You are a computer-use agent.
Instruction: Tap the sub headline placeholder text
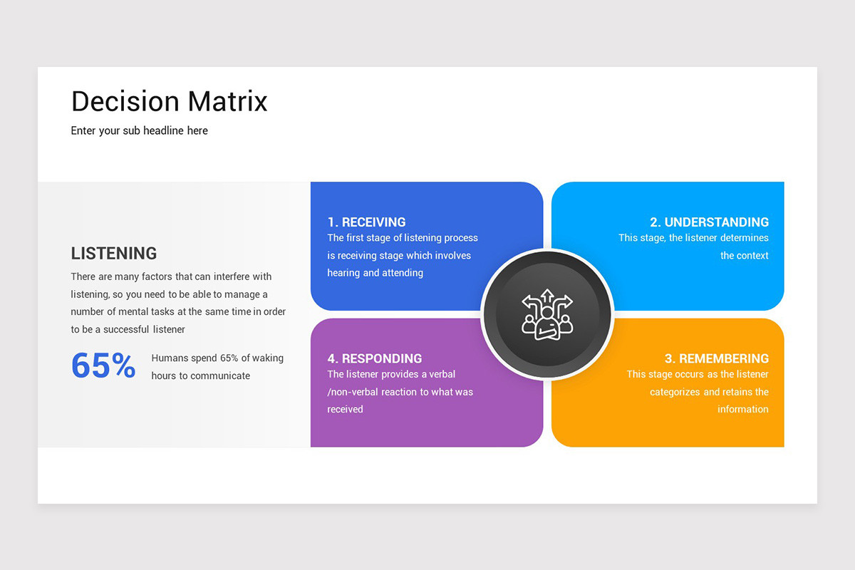point(139,130)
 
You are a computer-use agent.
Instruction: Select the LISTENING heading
point(114,254)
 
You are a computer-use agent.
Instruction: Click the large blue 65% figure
point(103,366)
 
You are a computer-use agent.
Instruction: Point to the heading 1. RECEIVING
point(366,222)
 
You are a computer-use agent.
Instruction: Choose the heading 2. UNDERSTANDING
point(709,222)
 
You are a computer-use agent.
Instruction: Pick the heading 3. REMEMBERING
point(716,358)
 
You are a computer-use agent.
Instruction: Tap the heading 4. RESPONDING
point(375,358)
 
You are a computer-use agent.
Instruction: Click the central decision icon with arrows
point(547,314)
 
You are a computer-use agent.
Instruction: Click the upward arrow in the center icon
point(547,296)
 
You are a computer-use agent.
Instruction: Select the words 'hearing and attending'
point(375,273)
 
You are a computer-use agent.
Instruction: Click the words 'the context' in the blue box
point(744,256)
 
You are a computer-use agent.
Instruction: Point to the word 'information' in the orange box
point(742,409)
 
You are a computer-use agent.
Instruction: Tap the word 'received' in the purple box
point(345,409)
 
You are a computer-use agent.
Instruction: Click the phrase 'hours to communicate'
point(200,375)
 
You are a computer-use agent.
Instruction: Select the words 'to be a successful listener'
point(128,329)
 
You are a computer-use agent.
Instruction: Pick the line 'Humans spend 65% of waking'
point(217,358)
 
